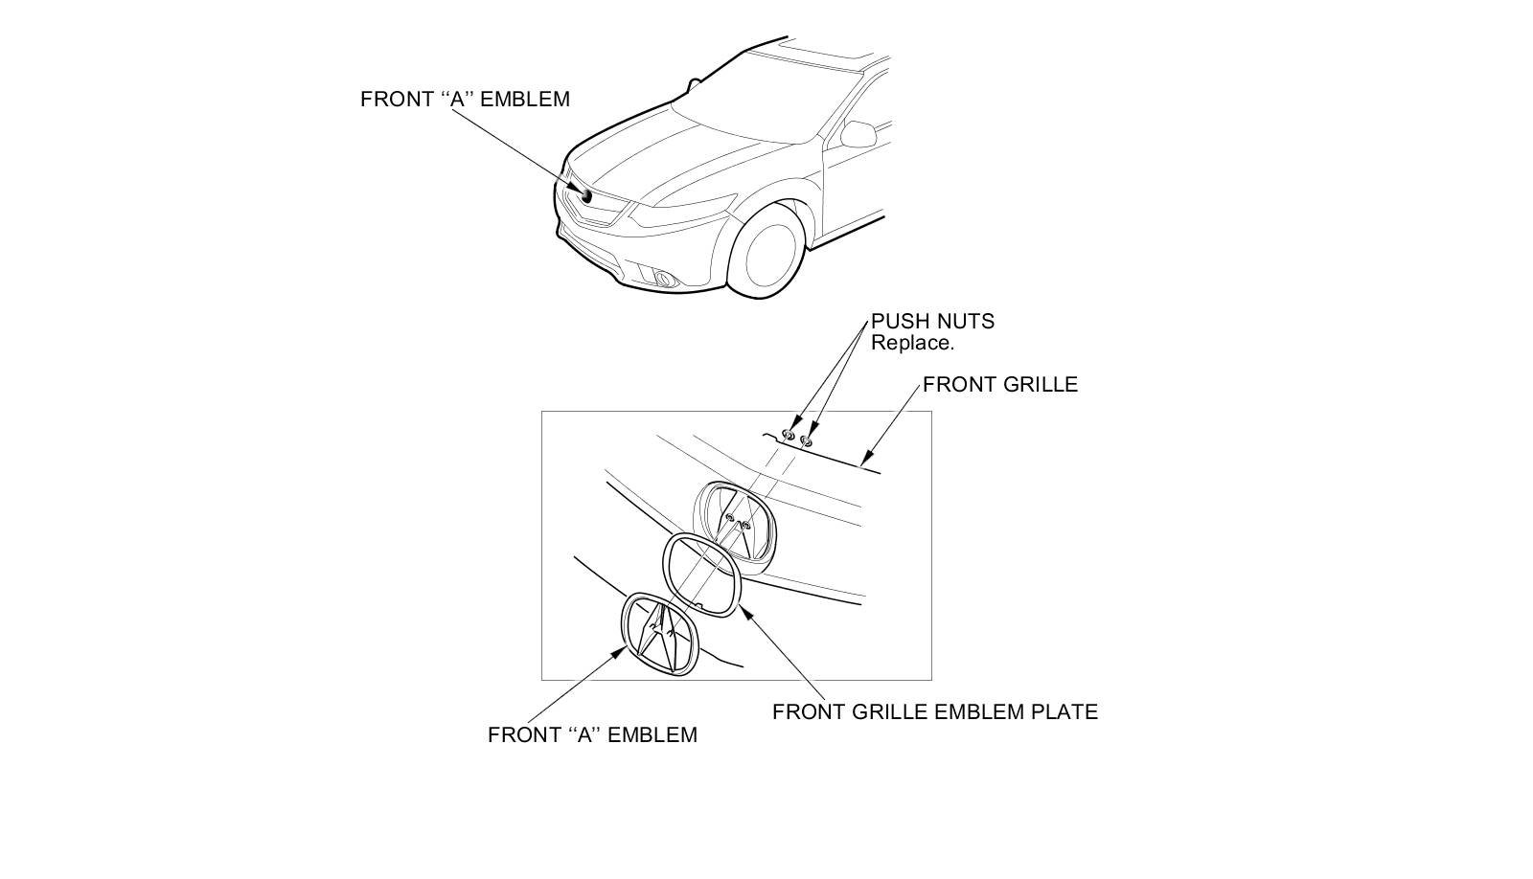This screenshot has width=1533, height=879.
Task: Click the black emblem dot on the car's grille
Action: point(586,196)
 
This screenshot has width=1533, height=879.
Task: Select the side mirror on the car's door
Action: point(858,134)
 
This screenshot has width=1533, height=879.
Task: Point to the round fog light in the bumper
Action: point(664,279)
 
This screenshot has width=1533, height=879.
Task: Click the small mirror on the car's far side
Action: point(692,85)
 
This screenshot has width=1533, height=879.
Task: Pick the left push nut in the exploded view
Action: point(789,436)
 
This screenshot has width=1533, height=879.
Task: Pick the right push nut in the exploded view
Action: point(807,440)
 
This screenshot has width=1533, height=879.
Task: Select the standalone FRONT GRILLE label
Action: point(999,385)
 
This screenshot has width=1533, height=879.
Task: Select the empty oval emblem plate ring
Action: point(703,575)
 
